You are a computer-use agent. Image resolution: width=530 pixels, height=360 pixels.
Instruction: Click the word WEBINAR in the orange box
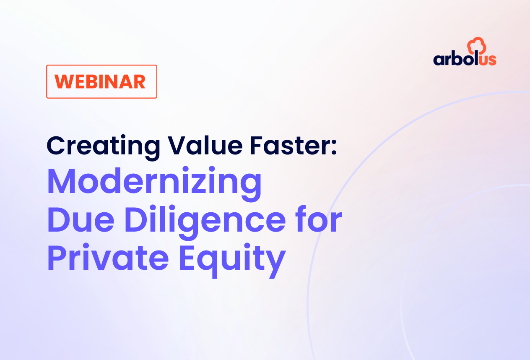coord(100,82)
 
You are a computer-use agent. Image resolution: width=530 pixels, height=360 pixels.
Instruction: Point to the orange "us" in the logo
coord(488,60)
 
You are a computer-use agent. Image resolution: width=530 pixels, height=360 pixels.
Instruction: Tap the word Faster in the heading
coord(290,146)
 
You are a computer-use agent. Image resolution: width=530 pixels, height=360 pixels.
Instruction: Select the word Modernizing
coord(154,184)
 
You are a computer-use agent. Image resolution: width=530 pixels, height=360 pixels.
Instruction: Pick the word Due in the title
coord(81,219)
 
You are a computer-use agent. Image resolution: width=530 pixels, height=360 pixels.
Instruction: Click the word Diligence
coord(205,222)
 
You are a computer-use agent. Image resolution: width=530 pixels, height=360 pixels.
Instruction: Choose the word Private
coord(108,256)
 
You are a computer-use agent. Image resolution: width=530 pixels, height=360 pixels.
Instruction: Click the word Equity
coord(233,261)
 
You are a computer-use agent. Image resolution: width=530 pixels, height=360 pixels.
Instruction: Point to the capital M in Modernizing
coord(62,181)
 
